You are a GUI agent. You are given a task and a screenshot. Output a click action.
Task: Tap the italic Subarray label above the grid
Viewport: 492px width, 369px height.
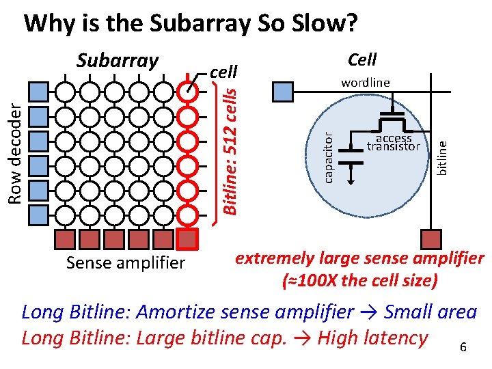pyautogui.click(x=117, y=60)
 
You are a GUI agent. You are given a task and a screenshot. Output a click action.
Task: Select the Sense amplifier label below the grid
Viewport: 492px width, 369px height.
pyautogui.click(x=125, y=262)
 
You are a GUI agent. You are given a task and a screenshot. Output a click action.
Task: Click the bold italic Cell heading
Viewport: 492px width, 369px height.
pyautogui.click(x=362, y=59)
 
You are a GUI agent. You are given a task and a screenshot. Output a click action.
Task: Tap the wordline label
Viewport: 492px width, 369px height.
pyautogui.click(x=365, y=83)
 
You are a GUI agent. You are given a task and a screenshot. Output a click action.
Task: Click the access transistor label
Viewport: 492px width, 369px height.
pyautogui.click(x=393, y=143)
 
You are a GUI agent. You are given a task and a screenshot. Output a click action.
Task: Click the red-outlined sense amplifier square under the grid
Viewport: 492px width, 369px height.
pyautogui.click(x=187, y=238)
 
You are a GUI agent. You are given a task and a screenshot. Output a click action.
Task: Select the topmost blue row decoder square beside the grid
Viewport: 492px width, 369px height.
pyautogui.click(x=40, y=90)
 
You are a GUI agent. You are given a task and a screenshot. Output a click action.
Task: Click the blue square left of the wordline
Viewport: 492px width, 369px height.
pyautogui.click(x=281, y=90)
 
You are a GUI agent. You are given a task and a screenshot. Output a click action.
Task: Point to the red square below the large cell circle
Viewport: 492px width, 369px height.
pyautogui.click(x=431, y=238)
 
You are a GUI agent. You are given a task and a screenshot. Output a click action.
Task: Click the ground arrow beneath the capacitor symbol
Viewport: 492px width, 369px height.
pyautogui.click(x=352, y=177)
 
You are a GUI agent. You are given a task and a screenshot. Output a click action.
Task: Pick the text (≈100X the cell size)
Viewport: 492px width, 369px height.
pyautogui.click(x=359, y=280)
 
